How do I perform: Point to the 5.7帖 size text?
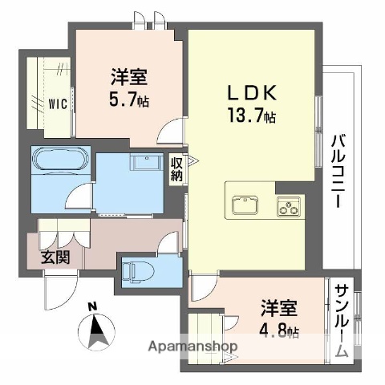[x=128, y=101]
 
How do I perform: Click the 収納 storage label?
[x=177, y=168]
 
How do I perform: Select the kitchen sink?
[x=245, y=206]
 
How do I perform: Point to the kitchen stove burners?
[x=287, y=207]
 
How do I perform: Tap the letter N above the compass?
[x=93, y=306]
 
